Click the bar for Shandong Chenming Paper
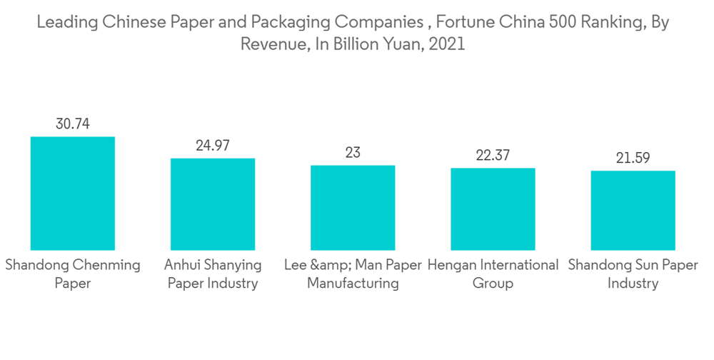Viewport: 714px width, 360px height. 73,193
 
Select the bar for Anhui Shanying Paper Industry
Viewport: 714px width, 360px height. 213,204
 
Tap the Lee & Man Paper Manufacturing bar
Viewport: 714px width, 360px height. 353,207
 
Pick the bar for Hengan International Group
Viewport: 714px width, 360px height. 493,209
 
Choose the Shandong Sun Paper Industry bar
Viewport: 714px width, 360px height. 633,210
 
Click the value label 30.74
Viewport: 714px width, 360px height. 73,124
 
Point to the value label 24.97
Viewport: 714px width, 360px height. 213,146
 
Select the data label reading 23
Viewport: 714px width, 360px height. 353,153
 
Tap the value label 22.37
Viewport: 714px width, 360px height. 493,155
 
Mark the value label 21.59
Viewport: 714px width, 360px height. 633,158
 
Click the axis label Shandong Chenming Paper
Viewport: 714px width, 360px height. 73,274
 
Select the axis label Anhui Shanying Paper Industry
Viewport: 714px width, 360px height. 213,274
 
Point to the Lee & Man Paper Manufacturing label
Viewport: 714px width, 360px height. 353,274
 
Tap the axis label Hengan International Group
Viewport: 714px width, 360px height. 493,274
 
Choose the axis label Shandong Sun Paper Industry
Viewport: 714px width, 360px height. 633,274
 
